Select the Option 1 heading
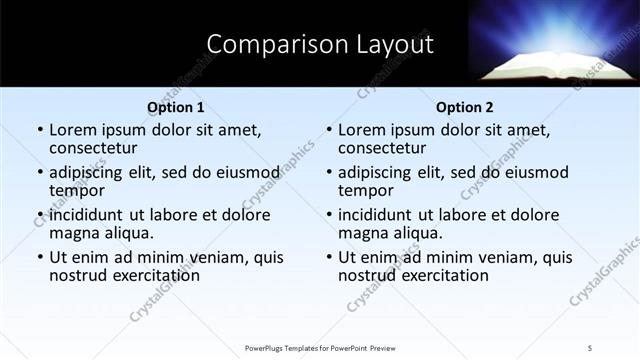click(175, 106)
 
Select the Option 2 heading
click(464, 106)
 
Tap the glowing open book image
click(553, 50)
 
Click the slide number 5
click(590, 347)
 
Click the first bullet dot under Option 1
click(40, 130)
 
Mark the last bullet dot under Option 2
click(329, 257)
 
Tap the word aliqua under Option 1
click(129, 232)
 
